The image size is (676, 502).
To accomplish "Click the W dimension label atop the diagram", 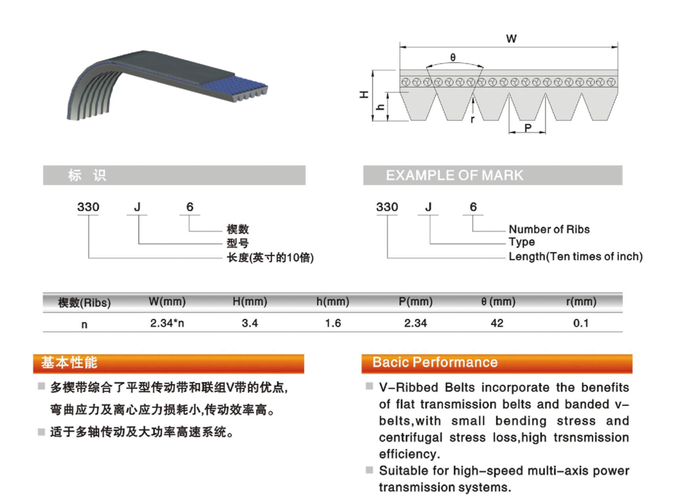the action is [x=511, y=39].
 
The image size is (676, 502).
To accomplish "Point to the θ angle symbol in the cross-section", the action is [x=453, y=57].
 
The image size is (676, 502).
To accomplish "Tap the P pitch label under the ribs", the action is [x=528, y=127].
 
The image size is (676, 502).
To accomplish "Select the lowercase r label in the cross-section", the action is [x=472, y=119].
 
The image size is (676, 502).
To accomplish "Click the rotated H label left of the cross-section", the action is [x=364, y=94].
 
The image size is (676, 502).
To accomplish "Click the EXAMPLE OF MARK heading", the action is [x=454, y=175].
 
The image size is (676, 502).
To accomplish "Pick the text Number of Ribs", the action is [x=549, y=229].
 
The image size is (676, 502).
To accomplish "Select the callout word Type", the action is [x=522, y=242].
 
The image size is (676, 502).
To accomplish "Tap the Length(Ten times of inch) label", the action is [x=575, y=257].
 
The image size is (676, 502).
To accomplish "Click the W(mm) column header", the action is [x=167, y=302].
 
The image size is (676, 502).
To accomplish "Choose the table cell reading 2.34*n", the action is [x=167, y=323].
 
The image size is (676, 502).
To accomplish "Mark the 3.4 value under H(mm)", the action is [x=250, y=323].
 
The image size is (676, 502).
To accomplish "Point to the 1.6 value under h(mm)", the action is [x=333, y=323].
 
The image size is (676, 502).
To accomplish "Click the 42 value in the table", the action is [x=497, y=323].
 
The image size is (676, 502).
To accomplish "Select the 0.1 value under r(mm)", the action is [x=581, y=323].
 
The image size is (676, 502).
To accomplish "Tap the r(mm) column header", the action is [x=581, y=302].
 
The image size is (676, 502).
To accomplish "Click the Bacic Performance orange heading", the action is [x=435, y=362].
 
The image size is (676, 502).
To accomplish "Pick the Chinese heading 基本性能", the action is [x=69, y=362].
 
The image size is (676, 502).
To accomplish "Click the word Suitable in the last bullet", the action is [x=402, y=471].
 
